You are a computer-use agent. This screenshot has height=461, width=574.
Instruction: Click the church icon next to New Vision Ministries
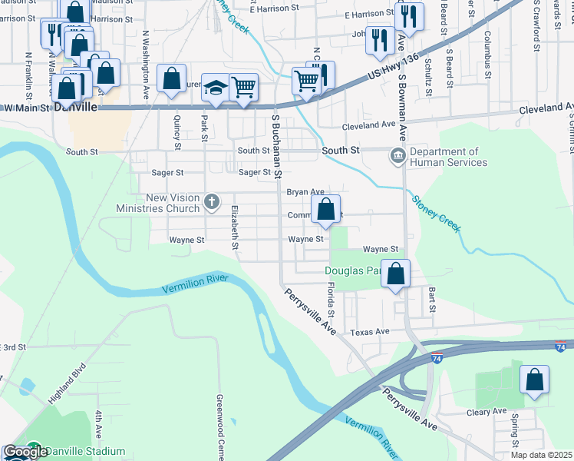click(x=213, y=203)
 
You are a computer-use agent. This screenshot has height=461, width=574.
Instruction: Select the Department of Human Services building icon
click(x=398, y=157)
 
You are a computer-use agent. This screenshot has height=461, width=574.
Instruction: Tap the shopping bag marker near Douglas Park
click(x=395, y=274)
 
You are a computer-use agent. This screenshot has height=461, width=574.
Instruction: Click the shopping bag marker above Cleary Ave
click(x=534, y=380)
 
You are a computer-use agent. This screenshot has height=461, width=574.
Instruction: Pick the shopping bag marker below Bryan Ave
click(x=326, y=209)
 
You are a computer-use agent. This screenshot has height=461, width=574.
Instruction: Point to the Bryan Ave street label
click(x=305, y=191)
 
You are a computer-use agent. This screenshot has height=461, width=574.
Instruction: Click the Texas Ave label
click(x=370, y=332)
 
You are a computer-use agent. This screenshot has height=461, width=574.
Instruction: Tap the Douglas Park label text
click(x=353, y=270)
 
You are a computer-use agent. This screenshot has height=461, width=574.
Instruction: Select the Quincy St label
click(x=177, y=132)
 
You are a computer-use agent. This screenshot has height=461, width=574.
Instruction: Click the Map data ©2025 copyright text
click(x=542, y=455)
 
